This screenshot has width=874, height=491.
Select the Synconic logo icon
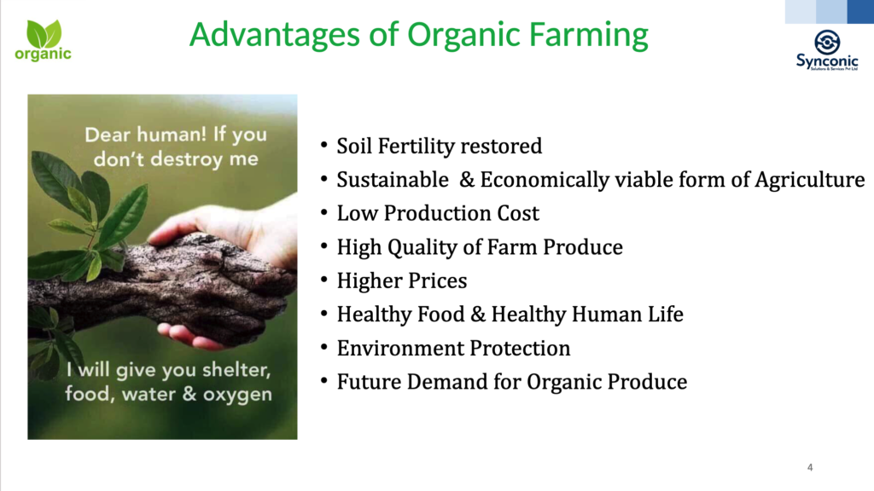[827, 43]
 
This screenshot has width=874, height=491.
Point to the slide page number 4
[810, 468]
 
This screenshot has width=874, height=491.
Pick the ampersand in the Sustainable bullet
[467, 180]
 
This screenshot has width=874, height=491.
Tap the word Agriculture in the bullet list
[809, 180]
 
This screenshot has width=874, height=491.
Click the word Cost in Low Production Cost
[519, 214]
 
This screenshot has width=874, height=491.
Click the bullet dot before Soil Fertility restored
[323, 146]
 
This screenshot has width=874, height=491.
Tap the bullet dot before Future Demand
[323, 381]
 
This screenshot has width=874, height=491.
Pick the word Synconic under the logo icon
[827, 61]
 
